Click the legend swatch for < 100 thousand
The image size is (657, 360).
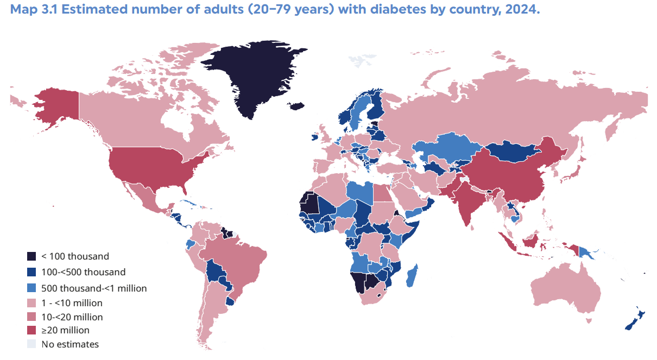tap(32, 256)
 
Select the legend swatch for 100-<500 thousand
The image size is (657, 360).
tap(32, 272)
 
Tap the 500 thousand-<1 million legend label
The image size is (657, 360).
tap(94, 288)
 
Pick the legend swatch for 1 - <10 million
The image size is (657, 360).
tap(32, 303)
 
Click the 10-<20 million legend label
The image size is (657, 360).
tap(72, 317)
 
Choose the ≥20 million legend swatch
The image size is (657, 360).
tap(32, 330)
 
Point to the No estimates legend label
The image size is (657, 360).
tap(70, 344)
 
